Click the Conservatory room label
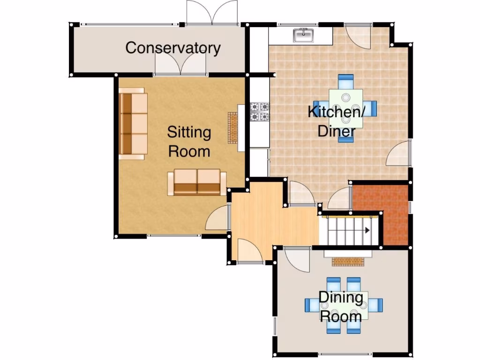173,48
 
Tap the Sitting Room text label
189,142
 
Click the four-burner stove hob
260,112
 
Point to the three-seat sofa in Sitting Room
133,124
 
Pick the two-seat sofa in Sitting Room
197,182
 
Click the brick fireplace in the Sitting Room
233,127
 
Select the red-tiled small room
380,214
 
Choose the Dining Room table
344,305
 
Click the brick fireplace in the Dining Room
348,261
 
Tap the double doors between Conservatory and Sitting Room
180,65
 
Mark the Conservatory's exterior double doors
212,13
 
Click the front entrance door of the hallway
249,251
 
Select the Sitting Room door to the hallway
217,218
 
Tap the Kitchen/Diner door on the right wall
399,154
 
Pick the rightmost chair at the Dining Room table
376,305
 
